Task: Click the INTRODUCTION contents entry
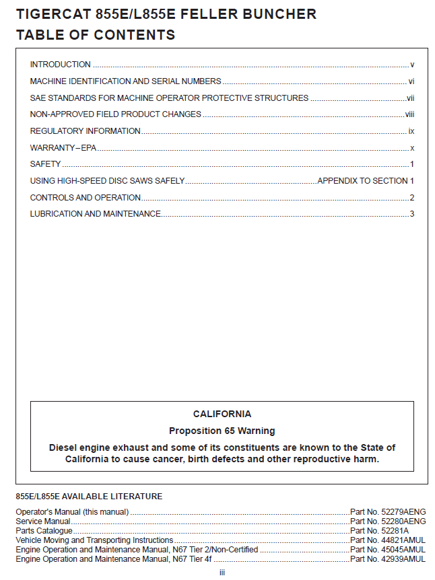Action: [x=60, y=65]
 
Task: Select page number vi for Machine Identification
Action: [x=411, y=81]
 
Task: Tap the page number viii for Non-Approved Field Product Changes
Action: [x=409, y=114]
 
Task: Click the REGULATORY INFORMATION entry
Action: [x=85, y=131]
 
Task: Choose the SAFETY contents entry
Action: [x=45, y=164]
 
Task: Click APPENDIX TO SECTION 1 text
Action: [x=365, y=181]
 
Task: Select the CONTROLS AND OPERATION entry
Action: [x=85, y=198]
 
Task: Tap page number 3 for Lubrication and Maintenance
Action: [x=411, y=214]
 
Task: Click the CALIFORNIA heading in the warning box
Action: [x=222, y=414]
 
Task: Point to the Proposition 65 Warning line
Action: [x=222, y=431]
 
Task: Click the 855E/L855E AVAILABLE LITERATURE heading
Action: [x=89, y=497]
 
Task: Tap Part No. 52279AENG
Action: [x=388, y=512]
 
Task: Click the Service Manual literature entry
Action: [x=42, y=521]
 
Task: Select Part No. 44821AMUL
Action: [x=388, y=540]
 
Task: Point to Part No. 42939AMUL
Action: [x=388, y=559]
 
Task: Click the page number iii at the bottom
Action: [x=222, y=573]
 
